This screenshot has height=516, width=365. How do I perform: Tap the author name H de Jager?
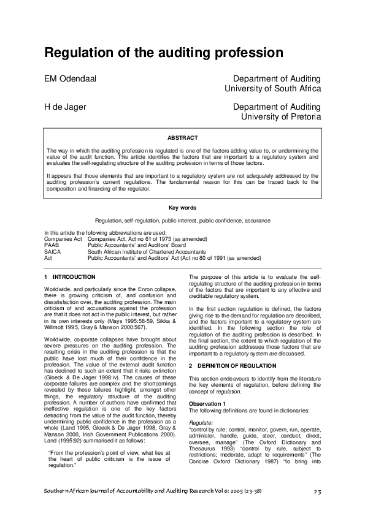click(x=64, y=107)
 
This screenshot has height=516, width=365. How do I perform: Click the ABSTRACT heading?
click(x=182, y=138)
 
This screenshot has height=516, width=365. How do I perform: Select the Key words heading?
click(x=182, y=208)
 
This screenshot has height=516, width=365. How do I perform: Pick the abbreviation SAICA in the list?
click(x=53, y=251)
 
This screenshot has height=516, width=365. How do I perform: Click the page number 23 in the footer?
click(x=317, y=492)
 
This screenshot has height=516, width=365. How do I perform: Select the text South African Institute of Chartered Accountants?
click(x=147, y=251)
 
